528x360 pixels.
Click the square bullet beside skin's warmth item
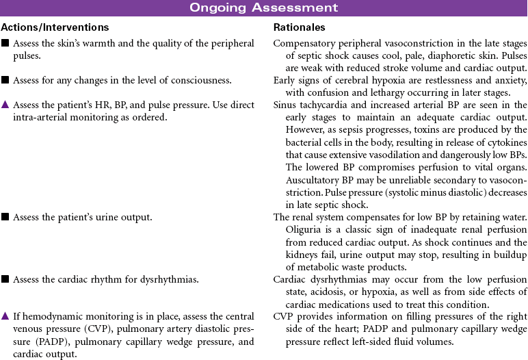(x=5, y=44)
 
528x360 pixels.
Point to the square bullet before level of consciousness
(x=5, y=80)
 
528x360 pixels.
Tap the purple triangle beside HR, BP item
(x=5, y=105)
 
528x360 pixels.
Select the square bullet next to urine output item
(x=5, y=217)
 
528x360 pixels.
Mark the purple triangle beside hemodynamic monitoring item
(x=5, y=316)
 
